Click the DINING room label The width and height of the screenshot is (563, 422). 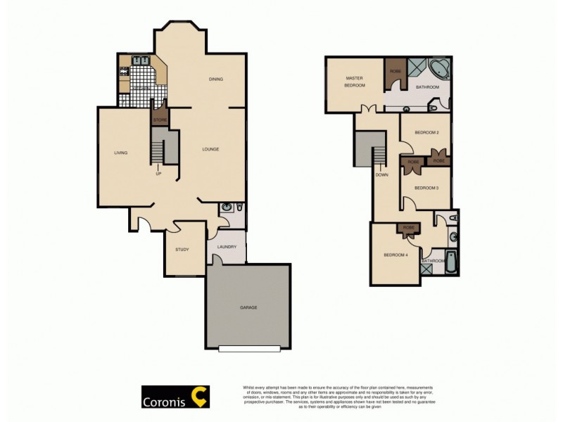coord(215,79)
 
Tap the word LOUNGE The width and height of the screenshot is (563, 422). coord(210,149)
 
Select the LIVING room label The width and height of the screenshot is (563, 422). coord(120,153)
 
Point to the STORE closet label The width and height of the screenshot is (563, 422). coord(160,121)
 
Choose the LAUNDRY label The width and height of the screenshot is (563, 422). coord(226,247)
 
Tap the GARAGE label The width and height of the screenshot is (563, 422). coord(248,307)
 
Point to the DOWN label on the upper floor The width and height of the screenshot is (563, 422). coord(382,174)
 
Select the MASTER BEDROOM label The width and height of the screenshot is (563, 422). coord(355,82)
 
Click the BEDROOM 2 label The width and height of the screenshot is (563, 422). coord(426,132)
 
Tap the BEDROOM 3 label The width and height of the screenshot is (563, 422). coord(426,188)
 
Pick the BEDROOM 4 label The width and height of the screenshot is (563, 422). coord(396,255)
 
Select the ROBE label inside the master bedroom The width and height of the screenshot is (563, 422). coord(396,71)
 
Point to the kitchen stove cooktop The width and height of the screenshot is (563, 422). coord(124,70)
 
